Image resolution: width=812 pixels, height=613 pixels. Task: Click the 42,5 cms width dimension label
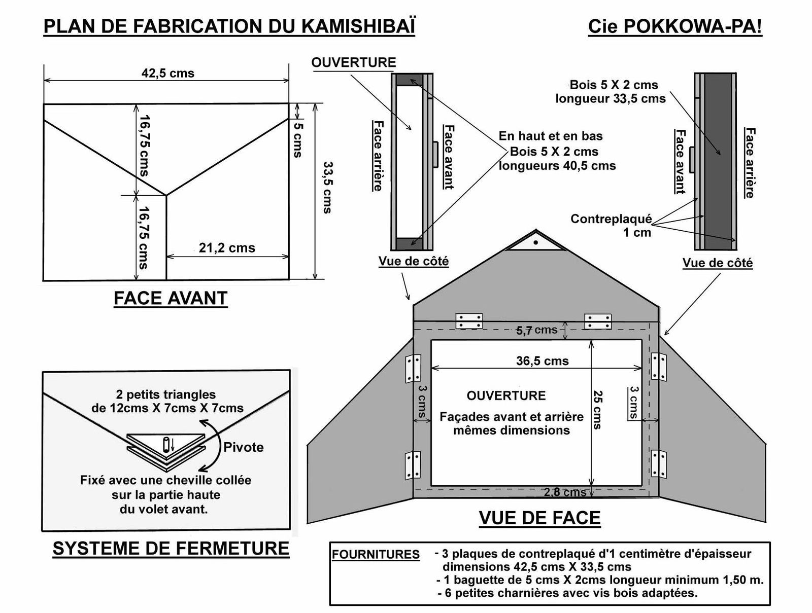point(167,74)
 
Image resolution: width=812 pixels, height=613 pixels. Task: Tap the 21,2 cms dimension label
point(226,248)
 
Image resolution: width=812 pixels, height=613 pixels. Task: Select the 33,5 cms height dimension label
point(328,187)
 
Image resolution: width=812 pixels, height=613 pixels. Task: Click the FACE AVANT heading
point(171,298)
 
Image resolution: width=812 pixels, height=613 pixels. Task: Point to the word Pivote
point(244,447)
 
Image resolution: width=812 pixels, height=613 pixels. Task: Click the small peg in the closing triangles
point(166,445)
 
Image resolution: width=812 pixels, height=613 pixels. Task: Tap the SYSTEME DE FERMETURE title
point(171,549)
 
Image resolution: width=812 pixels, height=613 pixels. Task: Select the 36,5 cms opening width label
point(542,361)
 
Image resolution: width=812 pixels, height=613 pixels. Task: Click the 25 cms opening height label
point(598,410)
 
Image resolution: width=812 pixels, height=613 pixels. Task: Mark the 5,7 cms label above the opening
point(536,331)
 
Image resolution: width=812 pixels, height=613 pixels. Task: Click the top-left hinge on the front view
point(469,321)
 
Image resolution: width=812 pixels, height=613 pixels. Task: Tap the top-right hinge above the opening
point(598,321)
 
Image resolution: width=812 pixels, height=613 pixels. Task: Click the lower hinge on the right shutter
point(659,463)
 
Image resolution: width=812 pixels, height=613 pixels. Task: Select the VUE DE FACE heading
point(539,518)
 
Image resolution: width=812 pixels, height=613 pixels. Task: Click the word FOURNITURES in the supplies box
point(376,555)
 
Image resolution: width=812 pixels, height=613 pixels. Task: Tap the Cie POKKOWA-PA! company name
point(674,27)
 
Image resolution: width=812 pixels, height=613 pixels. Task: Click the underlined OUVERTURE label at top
point(353,63)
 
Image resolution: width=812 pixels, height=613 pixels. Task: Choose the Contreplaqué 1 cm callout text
point(611,226)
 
